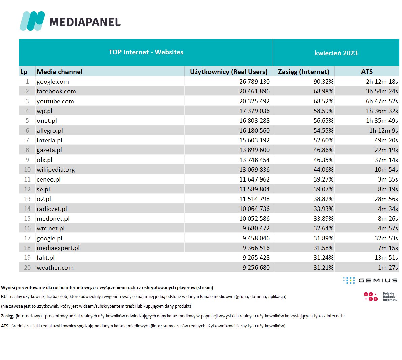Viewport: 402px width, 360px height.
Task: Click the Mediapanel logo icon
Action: (x=32, y=21)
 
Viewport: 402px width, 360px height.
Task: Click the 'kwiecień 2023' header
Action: (x=336, y=53)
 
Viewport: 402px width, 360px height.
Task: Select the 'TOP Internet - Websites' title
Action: (x=146, y=52)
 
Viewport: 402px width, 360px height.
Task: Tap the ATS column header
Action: (x=367, y=72)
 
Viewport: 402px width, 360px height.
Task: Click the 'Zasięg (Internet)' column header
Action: (x=303, y=72)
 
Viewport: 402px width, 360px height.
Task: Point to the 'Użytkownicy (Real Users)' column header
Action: (x=229, y=72)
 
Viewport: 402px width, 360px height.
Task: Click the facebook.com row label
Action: (x=56, y=91)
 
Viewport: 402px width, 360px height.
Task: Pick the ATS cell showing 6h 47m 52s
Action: (x=382, y=101)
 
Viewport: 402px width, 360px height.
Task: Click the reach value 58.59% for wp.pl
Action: (x=323, y=111)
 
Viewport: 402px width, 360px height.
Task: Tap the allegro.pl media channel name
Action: (x=50, y=131)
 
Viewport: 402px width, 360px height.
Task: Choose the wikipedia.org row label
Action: (x=56, y=170)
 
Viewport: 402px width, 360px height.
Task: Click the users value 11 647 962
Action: (x=254, y=179)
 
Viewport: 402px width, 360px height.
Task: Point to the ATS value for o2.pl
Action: (x=386, y=199)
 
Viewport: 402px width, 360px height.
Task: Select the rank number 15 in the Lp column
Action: (x=27, y=219)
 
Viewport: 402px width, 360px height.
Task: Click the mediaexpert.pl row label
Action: (x=58, y=248)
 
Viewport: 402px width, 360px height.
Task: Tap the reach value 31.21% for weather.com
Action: (x=323, y=268)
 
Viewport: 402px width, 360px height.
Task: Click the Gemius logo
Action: (x=370, y=280)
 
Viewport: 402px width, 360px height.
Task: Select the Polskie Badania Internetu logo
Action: (x=380, y=297)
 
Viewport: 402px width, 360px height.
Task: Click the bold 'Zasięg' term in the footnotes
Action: (x=7, y=316)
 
